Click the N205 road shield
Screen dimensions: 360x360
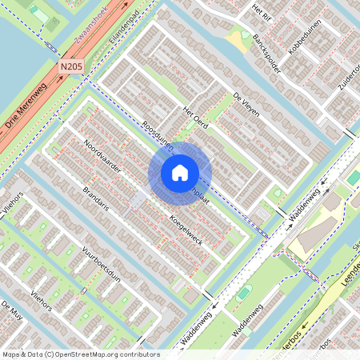pyautogui.click(x=70, y=71)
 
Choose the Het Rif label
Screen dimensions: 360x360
pyautogui.click(x=262, y=10)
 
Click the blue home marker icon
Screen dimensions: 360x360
pyautogui.click(x=180, y=173)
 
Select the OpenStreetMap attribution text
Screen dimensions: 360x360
pyautogui.click(x=80, y=354)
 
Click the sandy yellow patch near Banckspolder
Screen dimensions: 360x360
pyautogui.click(x=237, y=38)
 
